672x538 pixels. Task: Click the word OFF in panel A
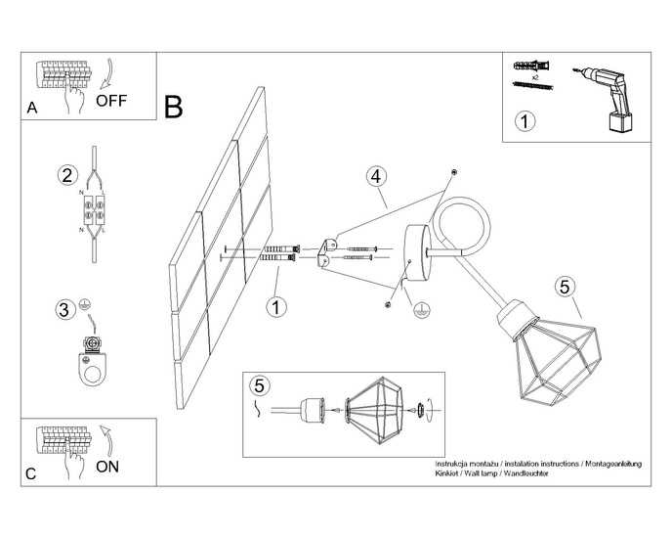pyautogui.click(x=111, y=100)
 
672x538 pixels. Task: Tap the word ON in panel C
pyautogui.click(x=108, y=467)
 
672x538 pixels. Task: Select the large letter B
pyautogui.click(x=174, y=107)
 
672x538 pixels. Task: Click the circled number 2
pyautogui.click(x=66, y=176)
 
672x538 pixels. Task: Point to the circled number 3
pyautogui.click(x=63, y=310)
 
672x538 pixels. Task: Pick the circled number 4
pyautogui.click(x=376, y=177)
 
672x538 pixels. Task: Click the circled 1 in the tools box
pyautogui.click(x=525, y=122)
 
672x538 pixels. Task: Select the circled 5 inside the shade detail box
pyautogui.click(x=258, y=384)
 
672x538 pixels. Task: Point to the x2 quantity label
pyautogui.click(x=535, y=75)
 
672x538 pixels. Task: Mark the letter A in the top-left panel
pyautogui.click(x=32, y=110)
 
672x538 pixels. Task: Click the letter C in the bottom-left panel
pyautogui.click(x=32, y=474)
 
